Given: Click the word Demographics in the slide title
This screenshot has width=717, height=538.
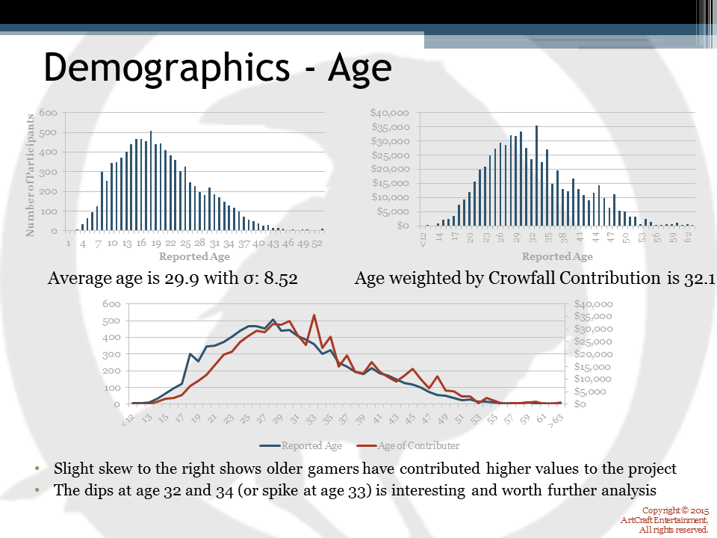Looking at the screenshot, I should pyautogui.click(x=165, y=68).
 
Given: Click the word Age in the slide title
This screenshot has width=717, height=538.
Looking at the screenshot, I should pyautogui.click(x=358, y=68).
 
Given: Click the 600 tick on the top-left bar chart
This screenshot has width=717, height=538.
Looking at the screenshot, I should pyautogui.click(x=48, y=113).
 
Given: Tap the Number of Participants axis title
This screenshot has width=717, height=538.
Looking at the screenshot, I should pyautogui.click(x=31, y=175).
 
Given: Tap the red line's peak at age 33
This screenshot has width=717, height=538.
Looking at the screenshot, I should pyautogui.click(x=314, y=315).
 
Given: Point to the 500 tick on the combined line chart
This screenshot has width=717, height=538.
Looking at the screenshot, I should pyautogui.click(x=112, y=321).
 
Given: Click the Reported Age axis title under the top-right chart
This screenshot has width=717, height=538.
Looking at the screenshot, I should pyautogui.click(x=557, y=256).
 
